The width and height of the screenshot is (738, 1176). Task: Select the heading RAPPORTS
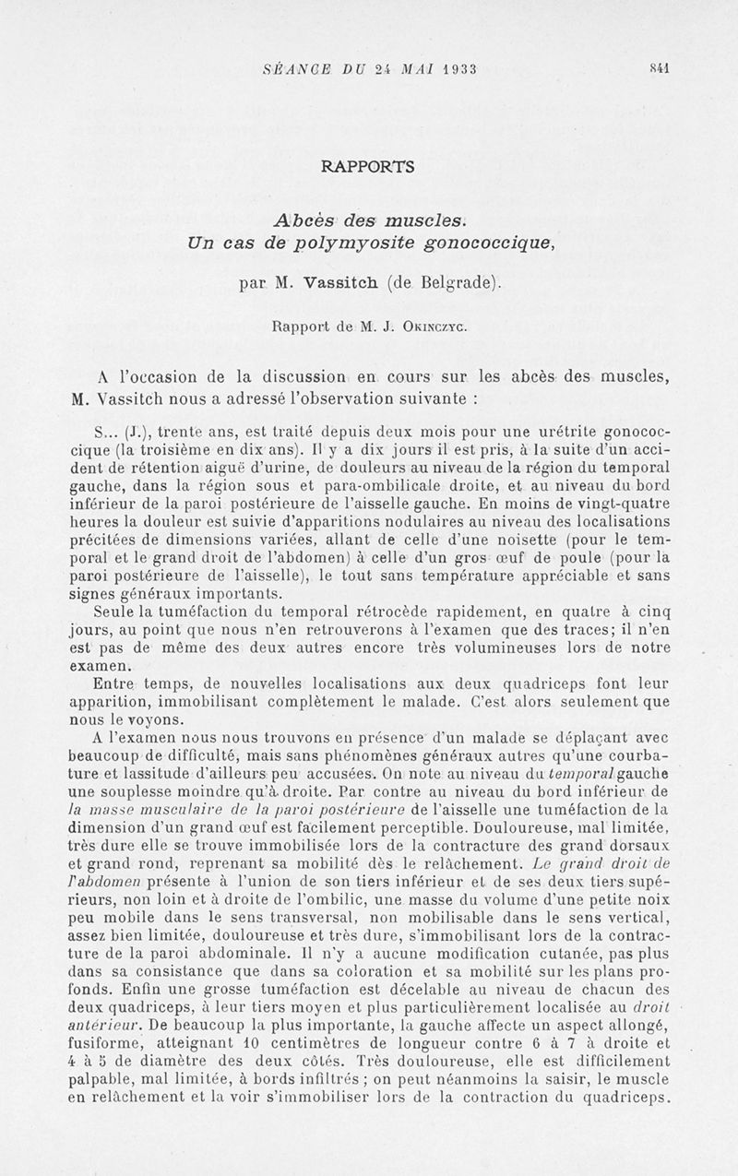368,167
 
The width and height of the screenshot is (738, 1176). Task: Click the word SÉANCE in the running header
294,69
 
